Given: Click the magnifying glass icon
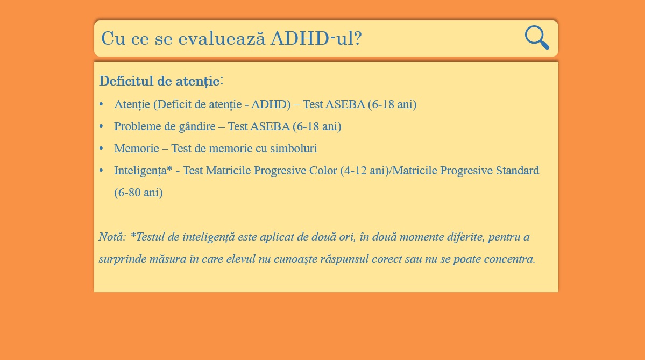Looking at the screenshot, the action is (x=537, y=38).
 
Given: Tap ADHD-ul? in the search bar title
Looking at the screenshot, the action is (x=316, y=38).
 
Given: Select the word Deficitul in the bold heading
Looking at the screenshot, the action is (x=126, y=81).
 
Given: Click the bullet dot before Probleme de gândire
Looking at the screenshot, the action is (x=101, y=126).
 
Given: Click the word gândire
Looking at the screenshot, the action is (x=197, y=126).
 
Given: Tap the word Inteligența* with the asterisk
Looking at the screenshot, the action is (x=143, y=171).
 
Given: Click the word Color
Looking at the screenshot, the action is (x=323, y=171).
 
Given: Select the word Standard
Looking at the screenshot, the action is (x=517, y=171).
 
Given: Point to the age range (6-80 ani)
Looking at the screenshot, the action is (x=138, y=193).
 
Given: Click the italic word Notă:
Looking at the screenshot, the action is (x=112, y=237).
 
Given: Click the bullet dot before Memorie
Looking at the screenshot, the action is (x=101, y=148).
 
